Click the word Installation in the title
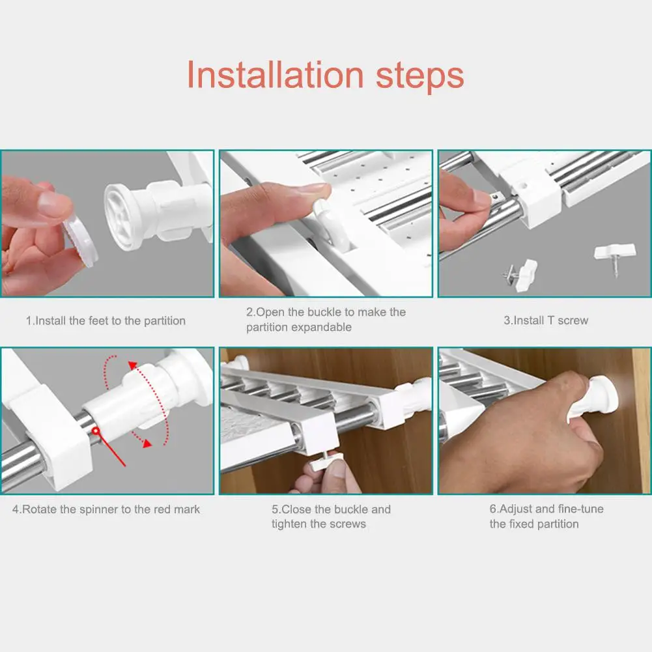coord(276,74)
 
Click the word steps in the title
coord(420,77)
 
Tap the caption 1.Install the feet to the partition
coord(106,320)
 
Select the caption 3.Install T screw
coord(546,320)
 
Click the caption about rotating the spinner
coord(106,509)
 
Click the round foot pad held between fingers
coord(80,240)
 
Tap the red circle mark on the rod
coord(96,431)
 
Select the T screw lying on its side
coord(521,274)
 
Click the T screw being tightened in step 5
coord(326,462)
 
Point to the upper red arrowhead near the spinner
coord(133,366)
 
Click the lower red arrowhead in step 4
coord(147,444)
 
